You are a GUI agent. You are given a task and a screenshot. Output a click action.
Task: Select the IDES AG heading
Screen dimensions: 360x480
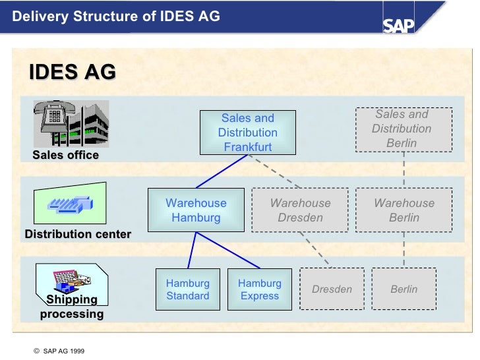(x=73, y=72)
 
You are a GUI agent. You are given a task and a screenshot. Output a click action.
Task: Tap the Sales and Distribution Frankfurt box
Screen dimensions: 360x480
(x=247, y=132)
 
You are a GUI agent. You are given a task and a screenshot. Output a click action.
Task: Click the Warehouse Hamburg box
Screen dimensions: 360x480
(x=196, y=210)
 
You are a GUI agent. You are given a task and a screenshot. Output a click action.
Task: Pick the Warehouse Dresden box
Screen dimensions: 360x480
(x=300, y=210)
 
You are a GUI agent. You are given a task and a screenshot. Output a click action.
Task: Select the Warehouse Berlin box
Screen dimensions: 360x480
(x=404, y=210)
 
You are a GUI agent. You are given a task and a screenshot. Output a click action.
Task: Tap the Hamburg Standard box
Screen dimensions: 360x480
(x=188, y=289)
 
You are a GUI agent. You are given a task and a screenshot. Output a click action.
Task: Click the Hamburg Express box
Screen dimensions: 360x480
(x=260, y=289)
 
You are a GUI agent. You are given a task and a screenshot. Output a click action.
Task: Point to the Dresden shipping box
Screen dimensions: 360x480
(x=332, y=289)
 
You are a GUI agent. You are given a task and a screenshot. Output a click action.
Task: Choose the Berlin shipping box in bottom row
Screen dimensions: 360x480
(x=404, y=289)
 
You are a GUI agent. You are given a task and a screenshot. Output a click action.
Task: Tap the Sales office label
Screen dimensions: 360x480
(x=65, y=155)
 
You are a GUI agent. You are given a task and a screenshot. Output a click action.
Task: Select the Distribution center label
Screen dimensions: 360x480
(x=78, y=234)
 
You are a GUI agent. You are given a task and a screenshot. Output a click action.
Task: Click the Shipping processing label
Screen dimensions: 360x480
(x=72, y=307)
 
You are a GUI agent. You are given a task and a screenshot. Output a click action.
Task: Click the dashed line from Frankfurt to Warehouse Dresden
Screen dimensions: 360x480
(x=277, y=171)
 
